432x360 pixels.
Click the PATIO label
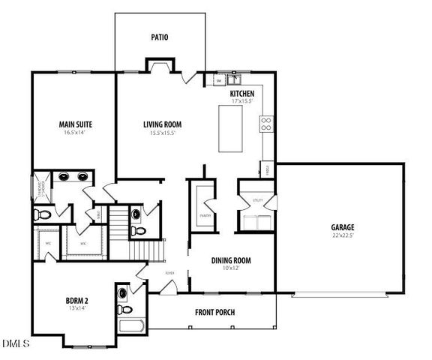coord(159,37)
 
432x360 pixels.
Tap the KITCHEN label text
coord(242,93)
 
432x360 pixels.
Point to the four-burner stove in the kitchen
coord(265,124)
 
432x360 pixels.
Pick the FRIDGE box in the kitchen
coord(266,170)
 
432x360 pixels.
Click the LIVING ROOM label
coord(163,124)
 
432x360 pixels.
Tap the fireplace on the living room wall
coord(160,69)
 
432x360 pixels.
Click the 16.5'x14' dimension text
coord(75,133)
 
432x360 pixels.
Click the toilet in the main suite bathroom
coord(43,215)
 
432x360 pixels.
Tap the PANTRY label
coord(202,215)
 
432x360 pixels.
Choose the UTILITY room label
coord(256,200)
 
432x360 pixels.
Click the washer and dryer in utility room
coord(256,222)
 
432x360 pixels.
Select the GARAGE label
coord(343,227)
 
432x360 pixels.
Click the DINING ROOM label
coord(231,261)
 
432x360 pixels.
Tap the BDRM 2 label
coord(78,302)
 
